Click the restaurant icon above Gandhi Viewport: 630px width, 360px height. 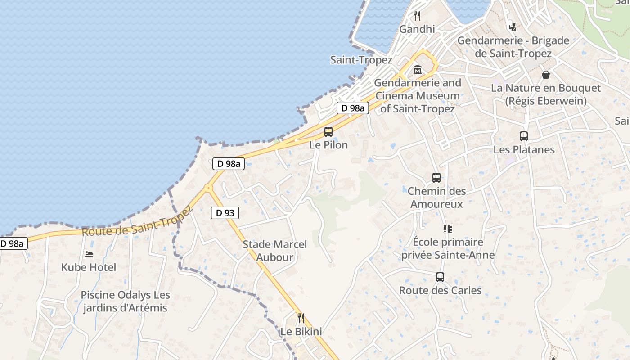click(417, 16)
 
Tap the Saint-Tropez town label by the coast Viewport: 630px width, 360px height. click(361, 60)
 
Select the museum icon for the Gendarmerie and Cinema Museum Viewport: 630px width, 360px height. click(418, 70)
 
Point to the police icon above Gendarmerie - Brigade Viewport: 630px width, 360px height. click(513, 27)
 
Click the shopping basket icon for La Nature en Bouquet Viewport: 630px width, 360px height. click(546, 75)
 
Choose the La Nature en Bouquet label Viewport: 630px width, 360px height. click(546, 94)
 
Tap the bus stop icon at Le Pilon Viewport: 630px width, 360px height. click(328, 132)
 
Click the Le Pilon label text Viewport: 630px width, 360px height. click(328, 145)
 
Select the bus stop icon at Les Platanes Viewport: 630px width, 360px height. click(524, 136)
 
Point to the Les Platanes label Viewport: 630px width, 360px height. click(524, 149)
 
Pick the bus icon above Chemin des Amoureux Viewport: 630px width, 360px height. click(436, 178)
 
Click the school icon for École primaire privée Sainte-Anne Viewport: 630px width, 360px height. click(447, 229)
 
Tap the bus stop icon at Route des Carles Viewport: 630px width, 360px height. click(440, 277)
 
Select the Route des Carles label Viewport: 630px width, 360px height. click(440, 290)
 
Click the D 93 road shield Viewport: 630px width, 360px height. click(225, 213)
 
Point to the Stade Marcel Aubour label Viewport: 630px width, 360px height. click(274, 251)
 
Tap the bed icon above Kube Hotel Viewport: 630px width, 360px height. click(89, 254)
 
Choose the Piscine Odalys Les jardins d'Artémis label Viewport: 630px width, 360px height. click(125, 301)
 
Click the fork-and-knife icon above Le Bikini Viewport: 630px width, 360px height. click(301, 318)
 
